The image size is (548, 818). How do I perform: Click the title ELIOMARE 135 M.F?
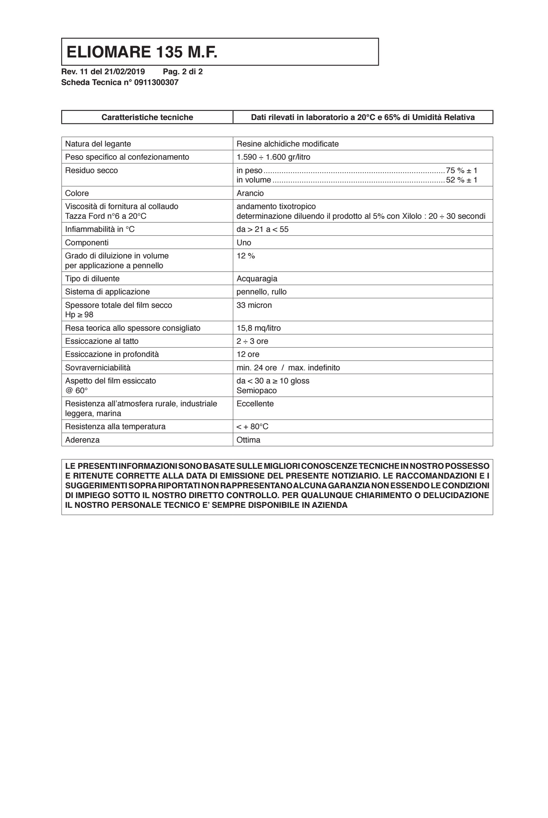[x=142, y=52]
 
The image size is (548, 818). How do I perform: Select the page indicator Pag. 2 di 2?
[x=183, y=72]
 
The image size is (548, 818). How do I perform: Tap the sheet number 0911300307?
[x=156, y=83]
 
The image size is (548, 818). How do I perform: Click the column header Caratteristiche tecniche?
[x=147, y=117]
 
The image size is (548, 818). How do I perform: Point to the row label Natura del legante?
[x=98, y=144]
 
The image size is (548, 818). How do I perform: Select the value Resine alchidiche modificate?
[x=287, y=144]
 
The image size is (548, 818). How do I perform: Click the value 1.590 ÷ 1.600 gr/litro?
[x=273, y=157]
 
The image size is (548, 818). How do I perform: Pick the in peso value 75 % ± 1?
[x=461, y=170]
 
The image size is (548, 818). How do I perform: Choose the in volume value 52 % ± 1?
[x=461, y=180]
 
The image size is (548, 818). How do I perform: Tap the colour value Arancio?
[x=250, y=194]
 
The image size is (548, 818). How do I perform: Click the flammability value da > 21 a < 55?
[x=262, y=230]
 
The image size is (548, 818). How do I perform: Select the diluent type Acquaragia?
[x=257, y=279]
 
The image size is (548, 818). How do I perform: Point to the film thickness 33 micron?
[x=254, y=305]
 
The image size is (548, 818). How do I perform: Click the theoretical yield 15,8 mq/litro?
[x=259, y=328]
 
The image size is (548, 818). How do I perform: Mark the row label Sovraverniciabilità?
[x=98, y=368]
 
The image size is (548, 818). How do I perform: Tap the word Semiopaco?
[x=257, y=391]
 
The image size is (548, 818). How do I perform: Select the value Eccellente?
[x=255, y=404]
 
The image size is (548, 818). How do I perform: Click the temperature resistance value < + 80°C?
[x=252, y=426]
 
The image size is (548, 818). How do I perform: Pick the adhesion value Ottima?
[x=249, y=440]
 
